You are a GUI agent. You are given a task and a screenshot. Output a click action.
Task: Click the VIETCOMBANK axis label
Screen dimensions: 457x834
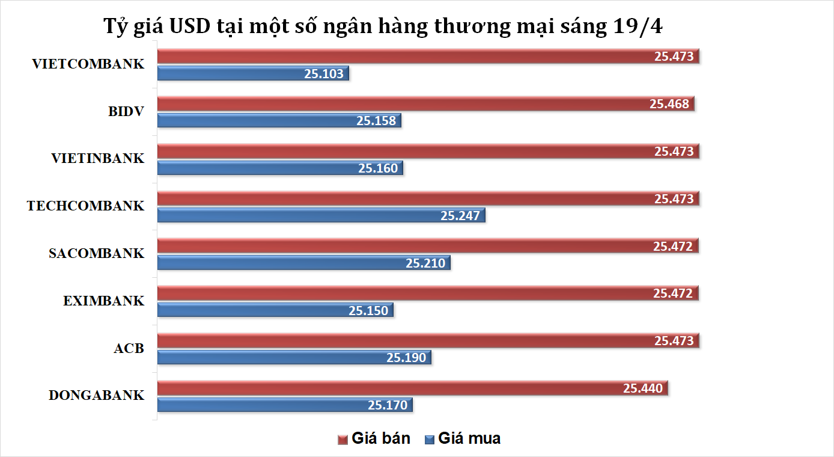(88, 64)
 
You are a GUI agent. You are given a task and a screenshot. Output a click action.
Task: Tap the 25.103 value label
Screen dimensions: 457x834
(323, 73)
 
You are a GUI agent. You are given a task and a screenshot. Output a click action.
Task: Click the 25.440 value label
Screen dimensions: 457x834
(643, 388)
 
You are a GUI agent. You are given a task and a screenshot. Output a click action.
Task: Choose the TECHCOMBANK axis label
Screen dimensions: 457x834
(85, 206)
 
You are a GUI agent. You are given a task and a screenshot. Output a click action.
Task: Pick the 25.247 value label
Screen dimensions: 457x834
(460, 215)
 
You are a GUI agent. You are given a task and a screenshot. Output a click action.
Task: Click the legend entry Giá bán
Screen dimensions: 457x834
(374, 438)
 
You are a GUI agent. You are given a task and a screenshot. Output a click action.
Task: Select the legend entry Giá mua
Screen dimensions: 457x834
(462, 438)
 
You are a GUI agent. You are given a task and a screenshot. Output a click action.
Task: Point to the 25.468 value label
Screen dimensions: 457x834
(669, 103)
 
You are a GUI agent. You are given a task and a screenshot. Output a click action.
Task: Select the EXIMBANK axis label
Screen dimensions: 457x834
(104, 301)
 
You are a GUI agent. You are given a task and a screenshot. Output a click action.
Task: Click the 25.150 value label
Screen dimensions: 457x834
(368, 310)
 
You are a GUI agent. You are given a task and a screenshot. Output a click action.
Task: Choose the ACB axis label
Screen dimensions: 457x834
(129, 348)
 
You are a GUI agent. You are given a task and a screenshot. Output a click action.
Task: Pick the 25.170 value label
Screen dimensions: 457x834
(388, 405)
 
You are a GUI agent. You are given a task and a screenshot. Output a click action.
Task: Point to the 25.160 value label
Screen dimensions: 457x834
(378, 168)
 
